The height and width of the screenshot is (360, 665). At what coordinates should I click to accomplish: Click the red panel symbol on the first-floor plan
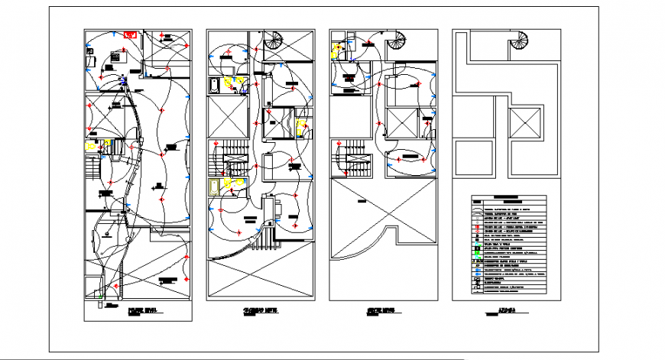click(130, 35)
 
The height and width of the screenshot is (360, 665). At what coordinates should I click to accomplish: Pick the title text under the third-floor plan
click(380, 311)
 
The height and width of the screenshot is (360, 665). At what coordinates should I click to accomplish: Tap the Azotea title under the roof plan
click(503, 311)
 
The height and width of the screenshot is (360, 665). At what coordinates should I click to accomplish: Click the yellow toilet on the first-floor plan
click(92, 145)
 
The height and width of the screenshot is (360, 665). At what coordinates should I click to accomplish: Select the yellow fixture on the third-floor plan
click(336, 52)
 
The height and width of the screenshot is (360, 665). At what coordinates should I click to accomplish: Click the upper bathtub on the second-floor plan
click(216, 84)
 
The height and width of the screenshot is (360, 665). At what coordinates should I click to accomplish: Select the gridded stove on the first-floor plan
click(115, 56)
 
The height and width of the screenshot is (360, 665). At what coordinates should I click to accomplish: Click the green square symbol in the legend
click(477, 244)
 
